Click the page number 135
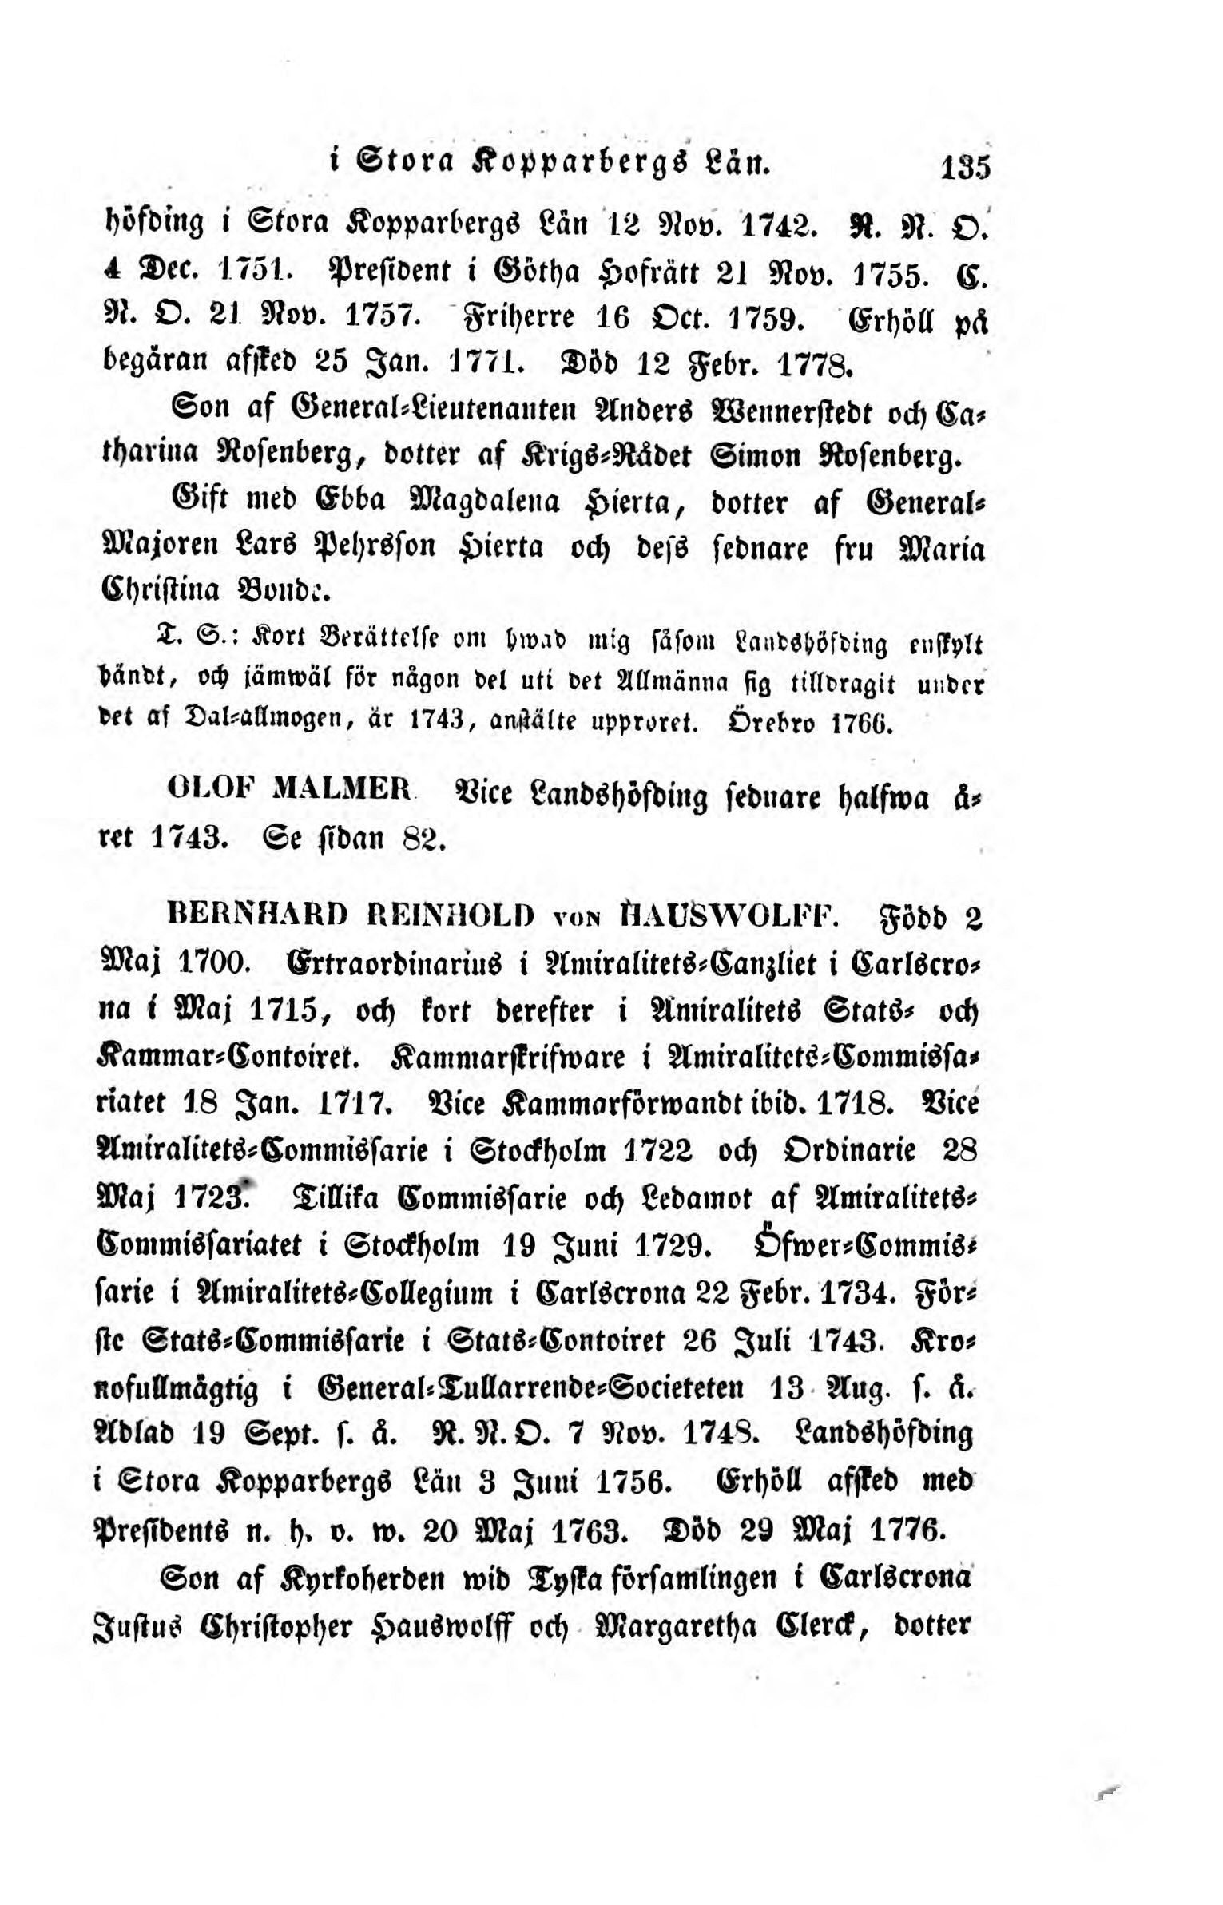point(966,169)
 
